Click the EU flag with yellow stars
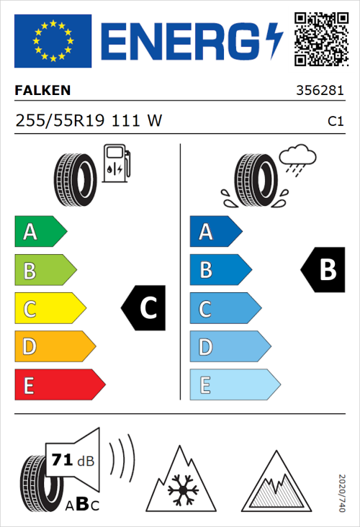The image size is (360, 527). [53, 41]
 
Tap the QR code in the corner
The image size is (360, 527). [319, 37]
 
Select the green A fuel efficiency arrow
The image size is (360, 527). [40, 232]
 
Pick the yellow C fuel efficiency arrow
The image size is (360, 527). [49, 308]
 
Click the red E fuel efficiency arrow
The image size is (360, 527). [59, 385]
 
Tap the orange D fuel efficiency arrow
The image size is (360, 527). [54, 347]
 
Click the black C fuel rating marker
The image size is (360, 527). [145, 308]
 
